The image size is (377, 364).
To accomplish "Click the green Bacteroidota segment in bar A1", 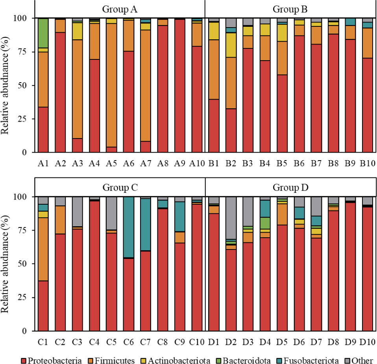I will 43,33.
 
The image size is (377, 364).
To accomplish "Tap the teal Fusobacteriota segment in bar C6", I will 128,227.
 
